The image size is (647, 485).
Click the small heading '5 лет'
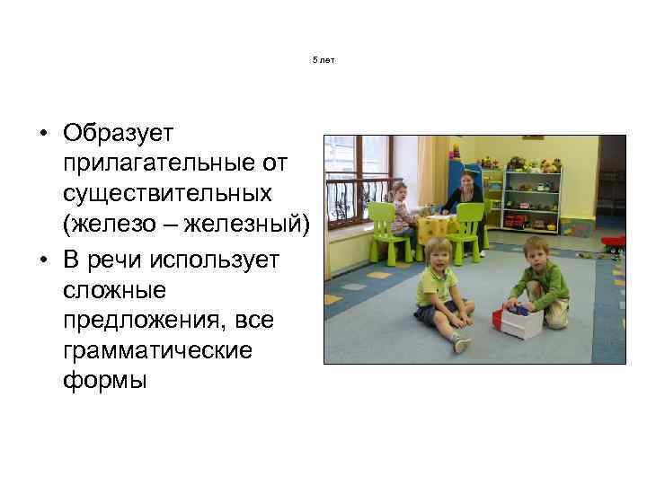pyautogui.click(x=323, y=59)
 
